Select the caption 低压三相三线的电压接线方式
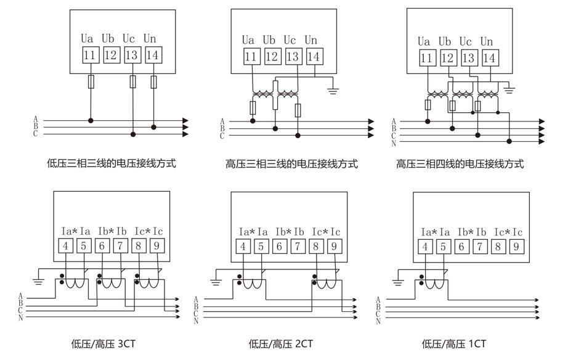(112, 163)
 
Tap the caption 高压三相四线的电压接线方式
(460, 164)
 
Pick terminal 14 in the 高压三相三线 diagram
(314, 57)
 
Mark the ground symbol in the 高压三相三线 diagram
(333, 90)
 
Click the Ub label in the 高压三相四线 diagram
(445, 42)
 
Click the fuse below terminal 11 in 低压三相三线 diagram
(91, 81)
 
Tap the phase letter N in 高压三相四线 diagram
(394, 143)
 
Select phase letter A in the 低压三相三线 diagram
(36, 119)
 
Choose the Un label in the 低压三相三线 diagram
(150, 38)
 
